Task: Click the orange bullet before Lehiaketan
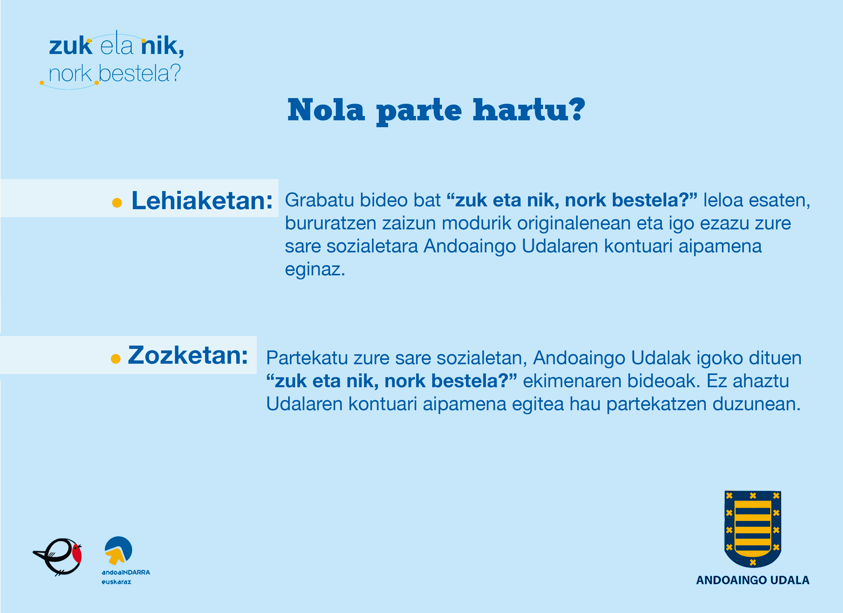tap(117, 203)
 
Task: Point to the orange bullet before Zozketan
tap(116, 359)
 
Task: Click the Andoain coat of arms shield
tap(753, 529)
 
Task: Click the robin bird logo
tap(58, 557)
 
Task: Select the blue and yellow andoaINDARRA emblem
tap(118, 550)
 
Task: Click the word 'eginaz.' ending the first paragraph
tap(315, 269)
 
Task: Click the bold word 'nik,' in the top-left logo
tap(162, 46)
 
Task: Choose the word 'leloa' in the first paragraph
tap(723, 200)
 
